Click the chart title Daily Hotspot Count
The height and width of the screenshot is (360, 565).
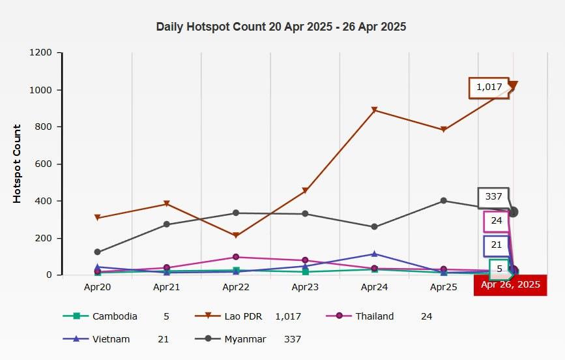coord(281,27)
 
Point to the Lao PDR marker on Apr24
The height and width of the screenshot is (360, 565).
coord(374,110)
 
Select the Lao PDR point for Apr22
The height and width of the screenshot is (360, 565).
coord(236,235)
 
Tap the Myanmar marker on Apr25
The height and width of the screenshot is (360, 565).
coord(444,201)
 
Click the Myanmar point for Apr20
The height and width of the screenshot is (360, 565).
coord(98,252)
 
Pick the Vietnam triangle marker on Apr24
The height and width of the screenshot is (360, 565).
coord(374,254)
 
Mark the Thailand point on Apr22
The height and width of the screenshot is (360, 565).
coord(236,257)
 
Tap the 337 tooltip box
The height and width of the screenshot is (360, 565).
coord(493,196)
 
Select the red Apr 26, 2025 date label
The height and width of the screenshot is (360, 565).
coord(510,284)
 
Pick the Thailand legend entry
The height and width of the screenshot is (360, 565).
coord(374,316)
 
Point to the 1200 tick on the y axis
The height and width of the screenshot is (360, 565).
coord(40,53)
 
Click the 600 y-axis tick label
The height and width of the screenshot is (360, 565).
coord(44,164)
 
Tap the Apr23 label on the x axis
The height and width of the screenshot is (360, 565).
coord(304,286)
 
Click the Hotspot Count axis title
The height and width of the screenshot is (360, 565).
coord(18,164)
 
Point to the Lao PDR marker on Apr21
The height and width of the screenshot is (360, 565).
coord(167,204)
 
